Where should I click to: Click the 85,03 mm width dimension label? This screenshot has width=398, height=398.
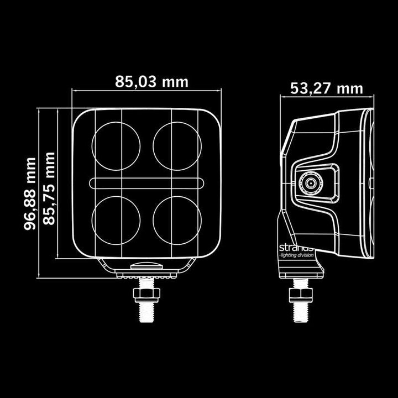tap(151, 82)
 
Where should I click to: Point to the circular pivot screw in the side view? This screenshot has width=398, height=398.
tap(310, 182)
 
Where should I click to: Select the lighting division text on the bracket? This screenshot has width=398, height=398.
tap(297, 255)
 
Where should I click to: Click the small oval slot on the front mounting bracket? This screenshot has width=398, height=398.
tap(146, 266)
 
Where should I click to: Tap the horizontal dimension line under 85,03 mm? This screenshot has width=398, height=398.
tap(146, 91)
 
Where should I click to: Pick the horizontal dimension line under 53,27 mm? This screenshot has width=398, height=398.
tap(327, 97)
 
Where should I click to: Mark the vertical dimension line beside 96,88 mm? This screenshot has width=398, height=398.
tap(39, 192)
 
